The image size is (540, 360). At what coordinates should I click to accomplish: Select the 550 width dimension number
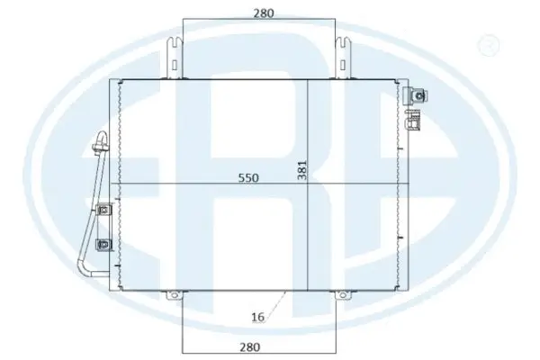click(248, 178)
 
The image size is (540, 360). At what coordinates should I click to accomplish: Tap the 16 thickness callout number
click(258, 317)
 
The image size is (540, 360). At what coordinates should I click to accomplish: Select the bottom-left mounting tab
click(174, 293)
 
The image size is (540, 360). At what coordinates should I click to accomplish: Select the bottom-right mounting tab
click(343, 293)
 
